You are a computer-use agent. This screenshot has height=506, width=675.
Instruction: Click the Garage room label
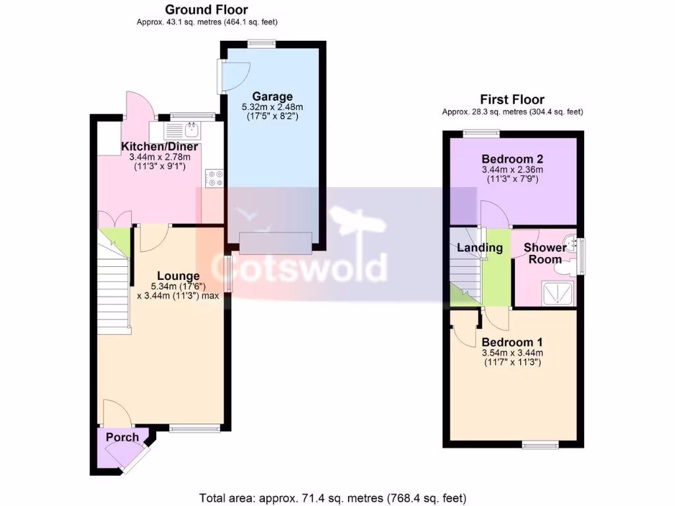coord(272,97)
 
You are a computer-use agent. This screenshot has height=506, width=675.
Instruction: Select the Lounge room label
coord(178,276)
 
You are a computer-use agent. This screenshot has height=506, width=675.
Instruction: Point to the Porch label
coord(123,437)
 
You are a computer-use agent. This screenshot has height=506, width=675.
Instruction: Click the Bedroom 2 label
coord(512,159)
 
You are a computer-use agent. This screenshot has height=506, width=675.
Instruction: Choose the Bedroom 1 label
coord(512,343)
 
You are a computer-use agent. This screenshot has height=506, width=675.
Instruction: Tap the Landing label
coord(480,248)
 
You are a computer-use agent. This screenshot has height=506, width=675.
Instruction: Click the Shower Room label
coord(544,253)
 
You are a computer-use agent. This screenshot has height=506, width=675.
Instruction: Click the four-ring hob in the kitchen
coord(214,178)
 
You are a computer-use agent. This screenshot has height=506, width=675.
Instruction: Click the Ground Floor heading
coord(206,9)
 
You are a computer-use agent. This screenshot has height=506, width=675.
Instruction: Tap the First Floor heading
coord(512,99)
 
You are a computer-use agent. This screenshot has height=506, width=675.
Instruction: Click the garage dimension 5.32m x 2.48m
coord(272,107)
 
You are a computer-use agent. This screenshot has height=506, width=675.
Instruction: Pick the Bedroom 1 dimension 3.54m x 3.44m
coord(512,353)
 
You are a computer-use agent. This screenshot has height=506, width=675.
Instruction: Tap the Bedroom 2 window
coord(480,134)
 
